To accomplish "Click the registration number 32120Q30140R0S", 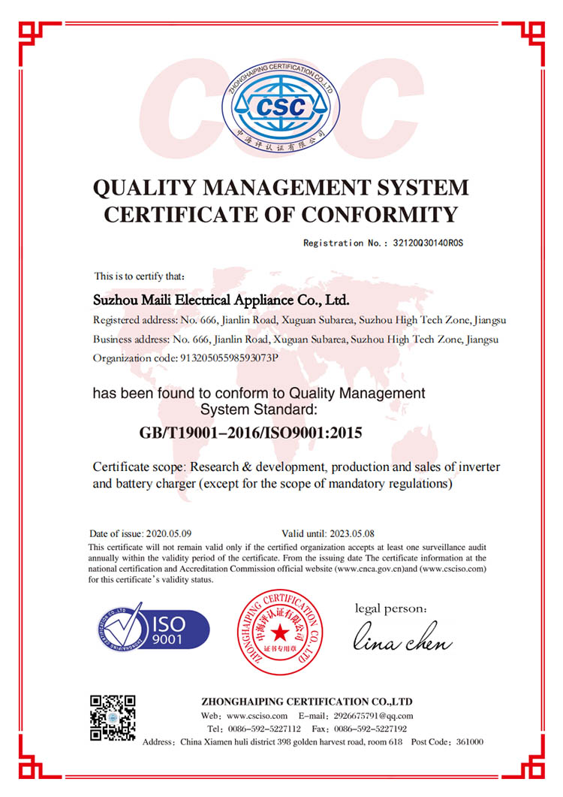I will (424, 243).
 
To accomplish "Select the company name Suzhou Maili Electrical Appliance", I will (221, 300).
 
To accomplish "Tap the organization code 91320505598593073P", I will (229, 358).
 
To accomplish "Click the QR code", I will (113, 718).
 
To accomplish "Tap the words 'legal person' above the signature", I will (391, 608).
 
